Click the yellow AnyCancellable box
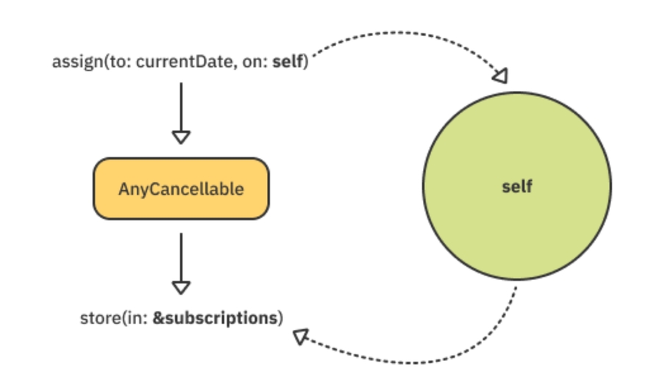coord(180,188)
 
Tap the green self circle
coord(516,220)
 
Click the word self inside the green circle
coord(516,187)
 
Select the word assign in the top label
coord(71,61)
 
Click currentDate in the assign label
coord(174,61)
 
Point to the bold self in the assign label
coord(287,61)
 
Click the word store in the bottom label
coord(96,319)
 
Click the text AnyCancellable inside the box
coord(180,189)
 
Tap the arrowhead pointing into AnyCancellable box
coord(180,137)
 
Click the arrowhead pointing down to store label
coord(180,287)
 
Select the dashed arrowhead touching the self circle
coord(499,76)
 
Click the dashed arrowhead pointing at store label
coord(299,337)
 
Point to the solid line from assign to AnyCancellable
coord(180,107)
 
